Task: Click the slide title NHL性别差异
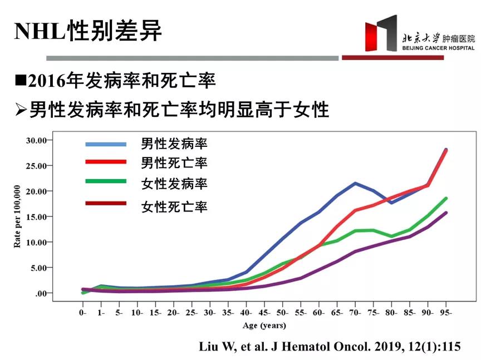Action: tap(88, 32)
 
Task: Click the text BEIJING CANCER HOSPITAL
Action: tap(439, 48)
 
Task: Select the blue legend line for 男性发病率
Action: tap(106, 144)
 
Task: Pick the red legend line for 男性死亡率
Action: tap(106, 162)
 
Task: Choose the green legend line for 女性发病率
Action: tap(106, 181)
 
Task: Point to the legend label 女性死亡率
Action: tap(174, 207)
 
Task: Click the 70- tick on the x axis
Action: tap(355, 313)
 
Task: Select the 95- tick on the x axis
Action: tap(446, 313)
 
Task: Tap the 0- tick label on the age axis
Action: tap(83, 313)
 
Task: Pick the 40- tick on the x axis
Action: tap(246, 313)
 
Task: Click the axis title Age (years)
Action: tap(264, 325)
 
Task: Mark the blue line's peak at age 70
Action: tap(355, 183)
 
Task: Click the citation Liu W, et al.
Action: tap(330, 347)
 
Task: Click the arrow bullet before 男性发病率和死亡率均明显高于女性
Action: tap(22, 109)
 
